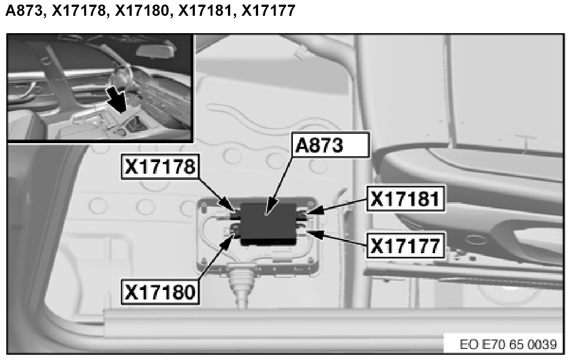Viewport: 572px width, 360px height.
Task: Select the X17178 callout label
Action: point(160,167)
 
